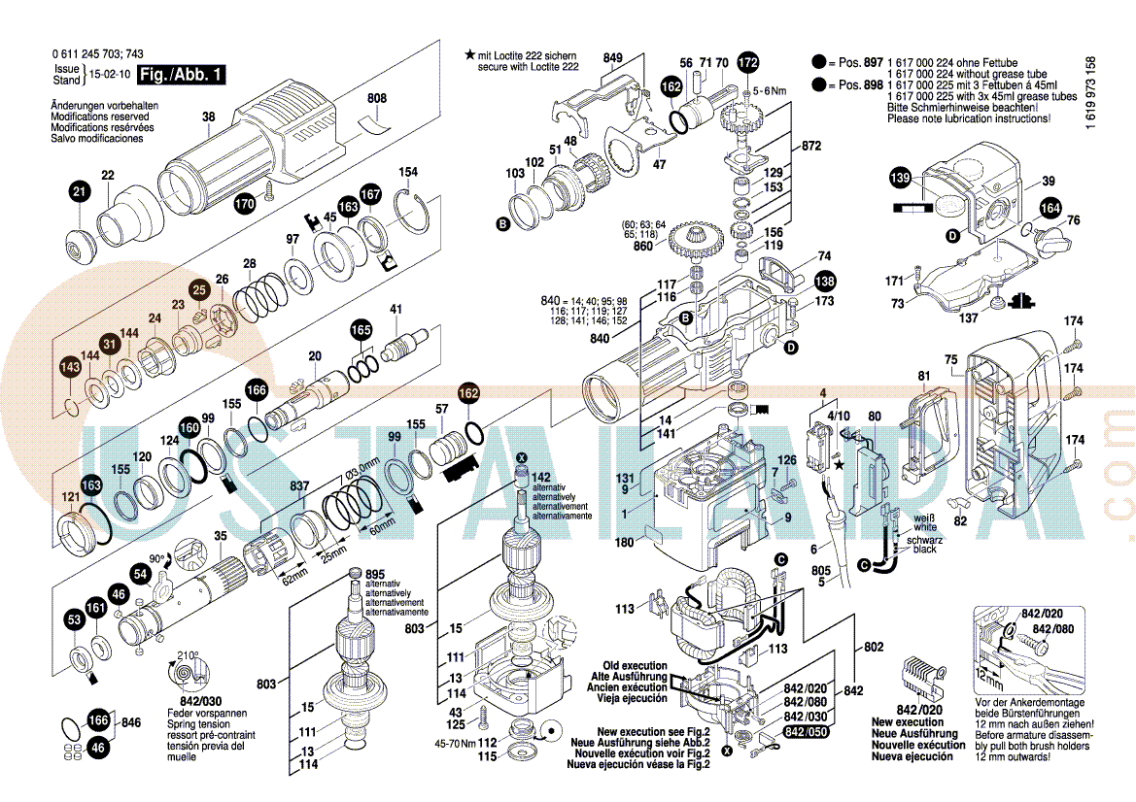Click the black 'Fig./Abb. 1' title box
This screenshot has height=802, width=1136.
182,75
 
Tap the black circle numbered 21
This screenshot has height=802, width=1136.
79,192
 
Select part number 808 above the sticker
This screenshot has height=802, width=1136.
377,98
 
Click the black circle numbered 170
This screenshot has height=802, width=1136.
245,204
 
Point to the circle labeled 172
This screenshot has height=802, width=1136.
746,64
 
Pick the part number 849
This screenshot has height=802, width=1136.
612,58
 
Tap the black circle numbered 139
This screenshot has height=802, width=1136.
901,178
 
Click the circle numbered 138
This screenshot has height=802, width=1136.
824,283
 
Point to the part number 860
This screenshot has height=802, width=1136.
643,247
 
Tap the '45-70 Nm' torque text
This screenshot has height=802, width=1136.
455,743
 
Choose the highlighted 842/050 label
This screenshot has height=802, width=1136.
807,731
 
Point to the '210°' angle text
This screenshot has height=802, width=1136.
188,655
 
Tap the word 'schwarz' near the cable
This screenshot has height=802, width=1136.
924,539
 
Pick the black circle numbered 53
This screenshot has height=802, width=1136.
74,618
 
